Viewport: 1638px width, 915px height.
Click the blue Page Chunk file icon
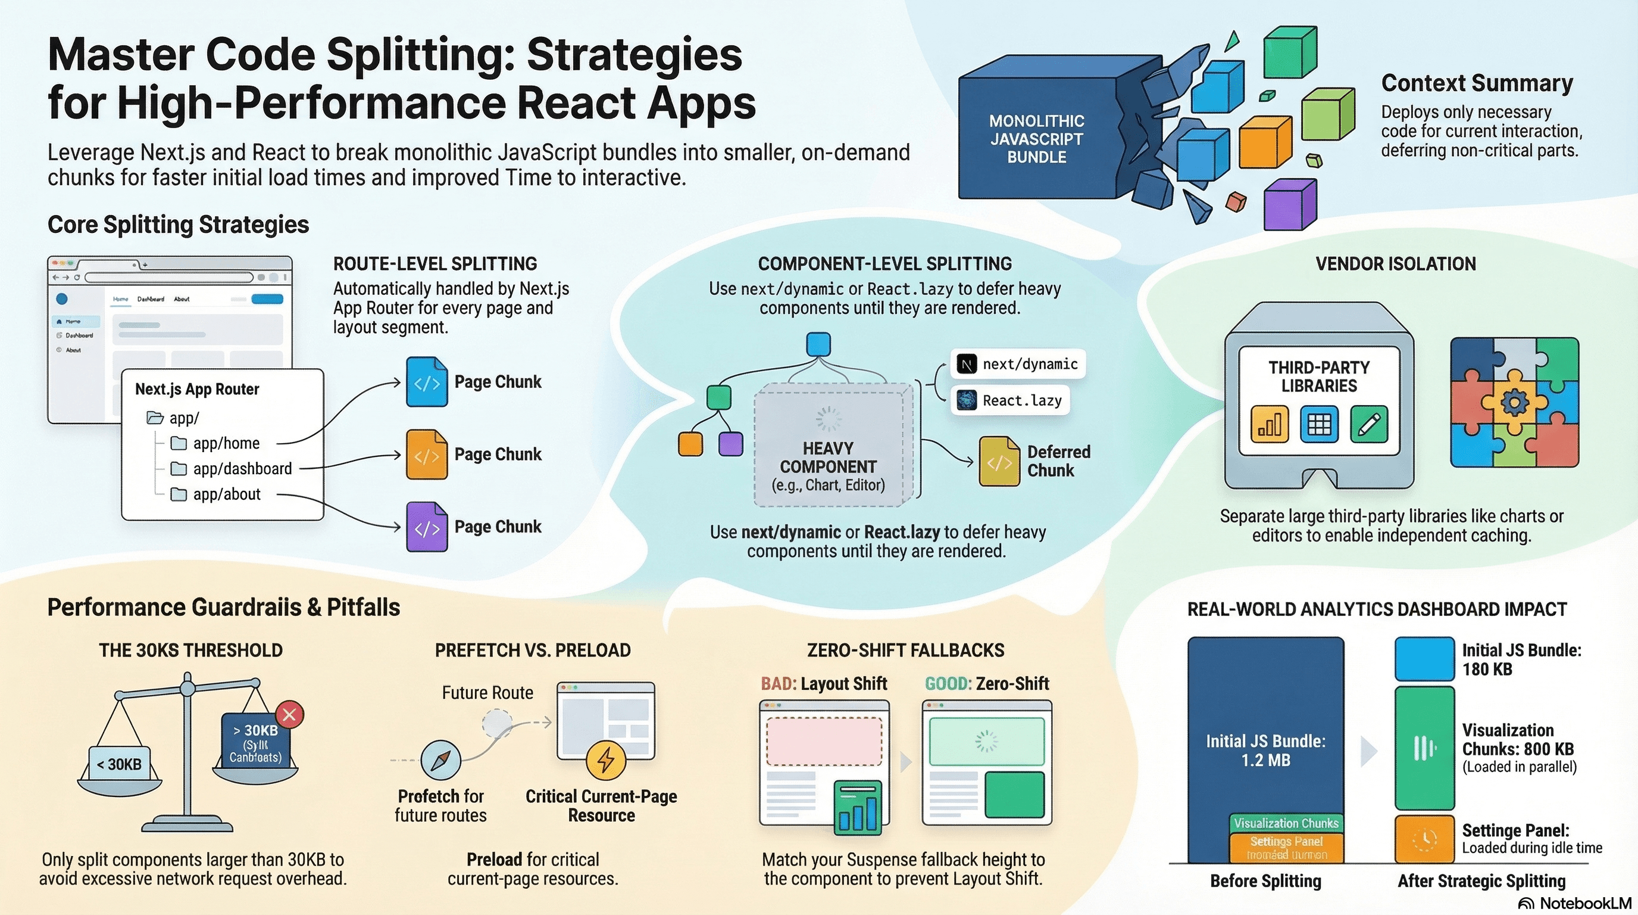coord(427,382)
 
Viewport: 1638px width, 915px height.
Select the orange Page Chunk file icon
coord(427,455)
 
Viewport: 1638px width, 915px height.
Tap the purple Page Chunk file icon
coord(427,527)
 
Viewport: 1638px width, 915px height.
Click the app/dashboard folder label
coord(242,469)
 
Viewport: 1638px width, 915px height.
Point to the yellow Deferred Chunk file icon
coord(999,461)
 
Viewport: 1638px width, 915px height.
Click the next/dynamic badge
coord(1018,364)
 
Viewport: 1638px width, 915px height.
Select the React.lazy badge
coord(1011,400)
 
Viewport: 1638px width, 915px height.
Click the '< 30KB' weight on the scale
coord(120,764)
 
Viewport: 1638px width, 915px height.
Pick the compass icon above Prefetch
coord(440,760)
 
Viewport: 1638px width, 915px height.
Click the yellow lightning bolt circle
coord(606,760)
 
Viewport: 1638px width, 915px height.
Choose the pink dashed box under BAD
coord(824,741)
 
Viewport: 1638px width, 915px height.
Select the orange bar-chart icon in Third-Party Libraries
coord(1269,424)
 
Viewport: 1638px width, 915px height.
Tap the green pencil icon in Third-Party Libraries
coord(1369,424)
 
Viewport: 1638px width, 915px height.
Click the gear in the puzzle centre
coord(1514,402)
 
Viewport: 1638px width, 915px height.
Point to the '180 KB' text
coord(1487,670)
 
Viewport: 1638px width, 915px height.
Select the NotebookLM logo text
coord(1577,904)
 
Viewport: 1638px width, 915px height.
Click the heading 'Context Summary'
coord(1477,83)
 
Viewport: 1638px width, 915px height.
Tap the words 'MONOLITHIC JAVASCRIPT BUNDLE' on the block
coord(1036,139)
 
